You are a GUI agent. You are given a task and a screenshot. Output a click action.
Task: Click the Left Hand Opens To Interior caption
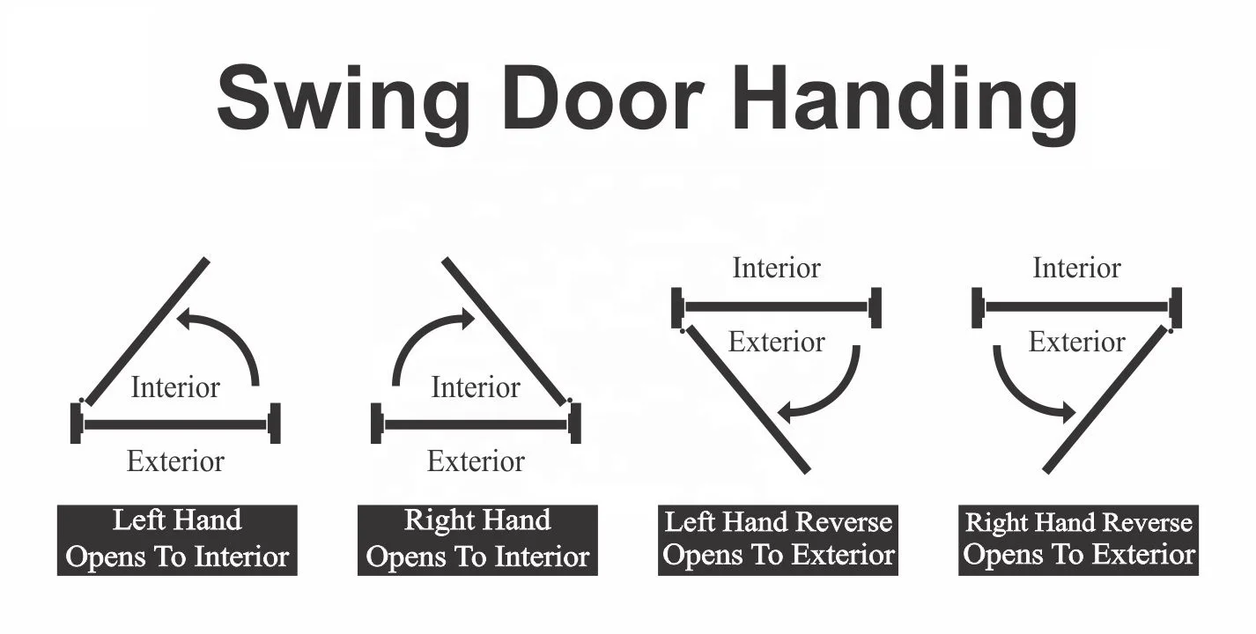tap(177, 539)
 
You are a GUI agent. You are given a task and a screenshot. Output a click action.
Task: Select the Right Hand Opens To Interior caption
tap(477, 539)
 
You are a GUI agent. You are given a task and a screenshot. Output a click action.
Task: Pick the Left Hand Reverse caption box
tap(778, 539)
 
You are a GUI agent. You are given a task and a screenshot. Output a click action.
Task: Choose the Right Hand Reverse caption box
tap(1078, 539)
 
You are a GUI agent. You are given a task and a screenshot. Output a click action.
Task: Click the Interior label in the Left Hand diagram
tap(175, 387)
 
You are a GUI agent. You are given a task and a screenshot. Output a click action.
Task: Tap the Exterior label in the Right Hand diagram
tap(476, 461)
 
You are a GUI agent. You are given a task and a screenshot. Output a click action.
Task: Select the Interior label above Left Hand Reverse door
tap(776, 268)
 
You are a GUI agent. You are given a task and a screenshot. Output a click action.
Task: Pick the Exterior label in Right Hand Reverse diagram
tap(1077, 342)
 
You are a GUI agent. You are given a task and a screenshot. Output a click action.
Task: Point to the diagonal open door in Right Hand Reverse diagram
tap(1106, 400)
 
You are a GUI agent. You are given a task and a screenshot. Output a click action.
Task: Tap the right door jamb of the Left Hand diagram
tap(275, 424)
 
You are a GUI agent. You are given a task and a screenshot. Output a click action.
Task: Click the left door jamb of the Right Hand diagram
tap(377, 424)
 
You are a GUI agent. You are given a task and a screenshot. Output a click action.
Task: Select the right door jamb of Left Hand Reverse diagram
tap(875, 307)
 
